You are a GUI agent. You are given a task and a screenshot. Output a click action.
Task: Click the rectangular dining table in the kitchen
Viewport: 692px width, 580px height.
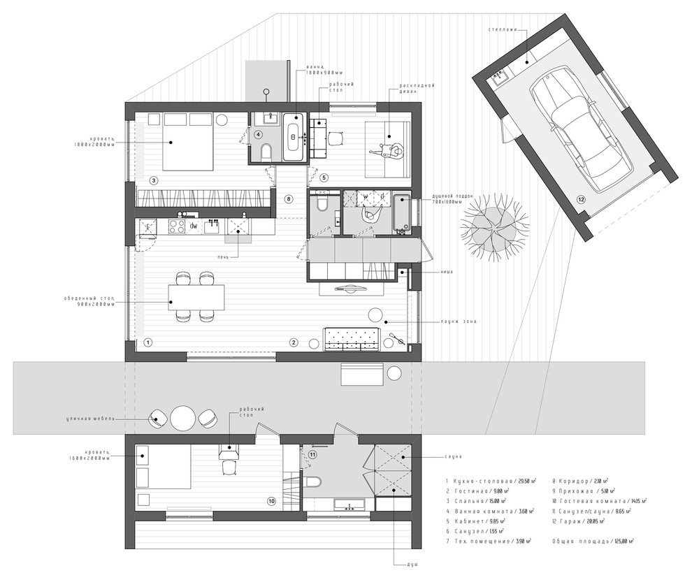click(x=196, y=298)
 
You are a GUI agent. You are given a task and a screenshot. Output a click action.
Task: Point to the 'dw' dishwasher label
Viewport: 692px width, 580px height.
click(x=194, y=226)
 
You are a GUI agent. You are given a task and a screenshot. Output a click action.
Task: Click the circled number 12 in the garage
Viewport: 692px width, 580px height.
click(x=581, y=200)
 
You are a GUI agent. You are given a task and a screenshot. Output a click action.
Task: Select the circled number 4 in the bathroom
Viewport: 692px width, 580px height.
click(x=258, y=134)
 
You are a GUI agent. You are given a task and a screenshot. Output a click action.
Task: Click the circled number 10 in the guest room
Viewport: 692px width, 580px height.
click(x=272, y=500)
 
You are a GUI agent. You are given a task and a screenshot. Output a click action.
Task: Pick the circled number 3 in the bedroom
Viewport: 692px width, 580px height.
click(x=153, y=180)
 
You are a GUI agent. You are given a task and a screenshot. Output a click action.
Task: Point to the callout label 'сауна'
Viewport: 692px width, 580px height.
click(x=452, y=457)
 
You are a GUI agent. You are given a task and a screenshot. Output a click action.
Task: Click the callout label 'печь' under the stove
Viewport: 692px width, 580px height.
click(x=223, y=256)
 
